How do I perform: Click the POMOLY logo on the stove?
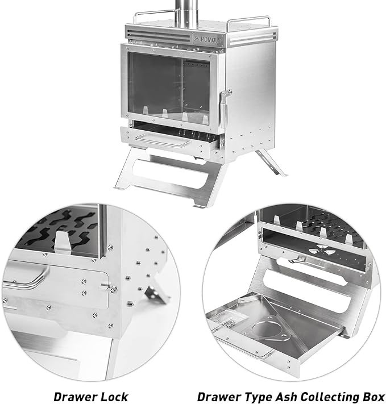click(207, 39)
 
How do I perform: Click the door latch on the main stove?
click(225, 108)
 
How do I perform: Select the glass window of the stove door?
click(169, 89)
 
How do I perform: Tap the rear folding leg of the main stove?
click(271, 163)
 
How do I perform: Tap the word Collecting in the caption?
click(330, 397)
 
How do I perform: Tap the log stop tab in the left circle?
click(62, 242)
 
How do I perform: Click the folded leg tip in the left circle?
click(156, 294)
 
